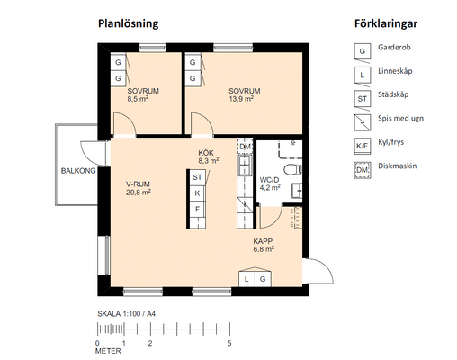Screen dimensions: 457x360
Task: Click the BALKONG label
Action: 78,171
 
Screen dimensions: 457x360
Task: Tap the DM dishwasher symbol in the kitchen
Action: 245,147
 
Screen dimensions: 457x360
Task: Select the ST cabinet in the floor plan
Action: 197,177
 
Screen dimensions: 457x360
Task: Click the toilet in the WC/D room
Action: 292,169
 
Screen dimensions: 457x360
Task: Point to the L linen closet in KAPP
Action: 246,279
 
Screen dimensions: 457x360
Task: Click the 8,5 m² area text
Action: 138,99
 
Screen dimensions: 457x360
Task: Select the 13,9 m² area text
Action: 241,99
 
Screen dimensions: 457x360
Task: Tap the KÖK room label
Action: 206,153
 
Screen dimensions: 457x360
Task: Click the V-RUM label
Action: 138,184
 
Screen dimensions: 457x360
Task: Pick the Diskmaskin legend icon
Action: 363,170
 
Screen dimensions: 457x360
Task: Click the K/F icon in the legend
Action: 363,147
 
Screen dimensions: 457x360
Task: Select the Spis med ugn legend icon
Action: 363,122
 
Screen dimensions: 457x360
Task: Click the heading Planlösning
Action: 129,23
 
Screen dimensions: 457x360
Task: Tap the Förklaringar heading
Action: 386,23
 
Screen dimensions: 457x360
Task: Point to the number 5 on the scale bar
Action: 229,343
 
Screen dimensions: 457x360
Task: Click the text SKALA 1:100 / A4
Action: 127,314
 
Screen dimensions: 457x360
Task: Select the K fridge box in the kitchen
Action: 197,193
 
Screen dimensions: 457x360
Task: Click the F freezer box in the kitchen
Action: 197,209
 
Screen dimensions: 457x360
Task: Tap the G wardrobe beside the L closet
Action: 263,279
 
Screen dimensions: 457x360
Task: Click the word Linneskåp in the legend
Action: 395,71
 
